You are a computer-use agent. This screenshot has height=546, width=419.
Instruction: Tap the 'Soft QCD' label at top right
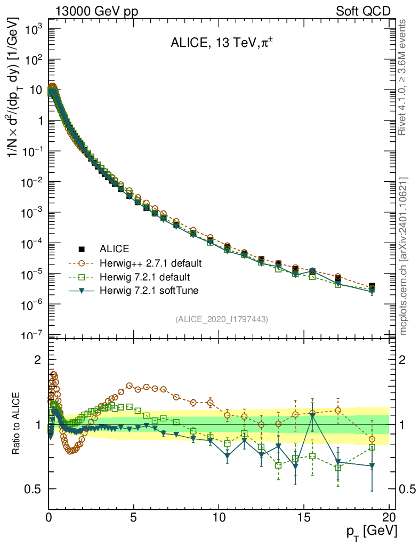point(363,11)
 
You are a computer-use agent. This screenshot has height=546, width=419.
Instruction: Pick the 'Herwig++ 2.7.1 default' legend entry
point(150,263)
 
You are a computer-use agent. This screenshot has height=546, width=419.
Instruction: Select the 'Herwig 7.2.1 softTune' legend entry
point(148,291)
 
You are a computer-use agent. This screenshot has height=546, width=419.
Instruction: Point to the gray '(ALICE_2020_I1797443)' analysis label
point(221,319)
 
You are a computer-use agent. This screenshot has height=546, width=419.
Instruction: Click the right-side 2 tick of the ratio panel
point(409,360)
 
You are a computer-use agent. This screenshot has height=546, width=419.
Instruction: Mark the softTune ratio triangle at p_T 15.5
point(312,415)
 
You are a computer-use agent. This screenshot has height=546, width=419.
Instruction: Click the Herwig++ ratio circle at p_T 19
point(372,439)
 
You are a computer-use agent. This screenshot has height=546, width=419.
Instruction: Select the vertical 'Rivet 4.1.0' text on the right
point(404,77)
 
